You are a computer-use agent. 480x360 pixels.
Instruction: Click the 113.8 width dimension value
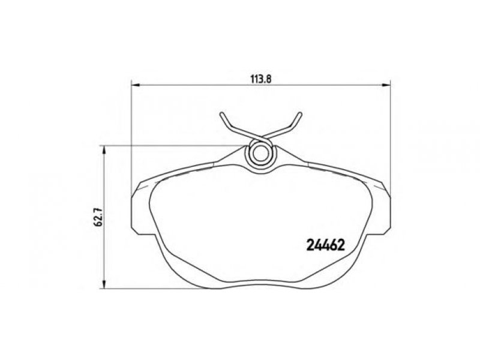261,79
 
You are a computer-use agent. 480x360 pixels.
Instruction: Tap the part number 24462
326,245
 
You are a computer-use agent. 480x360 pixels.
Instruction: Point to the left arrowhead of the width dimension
135,85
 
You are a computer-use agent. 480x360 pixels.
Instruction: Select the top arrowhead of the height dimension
104,149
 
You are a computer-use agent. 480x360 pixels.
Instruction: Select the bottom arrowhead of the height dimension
104,284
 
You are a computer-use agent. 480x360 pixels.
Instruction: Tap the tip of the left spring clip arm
221,114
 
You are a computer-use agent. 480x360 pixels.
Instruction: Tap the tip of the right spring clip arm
301,114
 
